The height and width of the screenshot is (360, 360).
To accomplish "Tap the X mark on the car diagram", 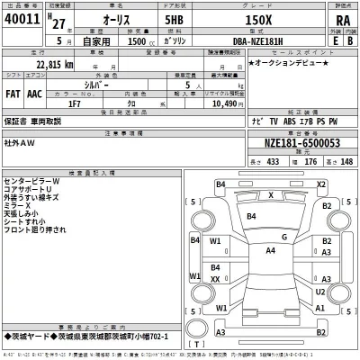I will point(272,194).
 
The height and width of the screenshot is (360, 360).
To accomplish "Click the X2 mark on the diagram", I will point(321,184).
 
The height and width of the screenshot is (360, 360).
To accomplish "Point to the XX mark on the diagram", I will point(215,280).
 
